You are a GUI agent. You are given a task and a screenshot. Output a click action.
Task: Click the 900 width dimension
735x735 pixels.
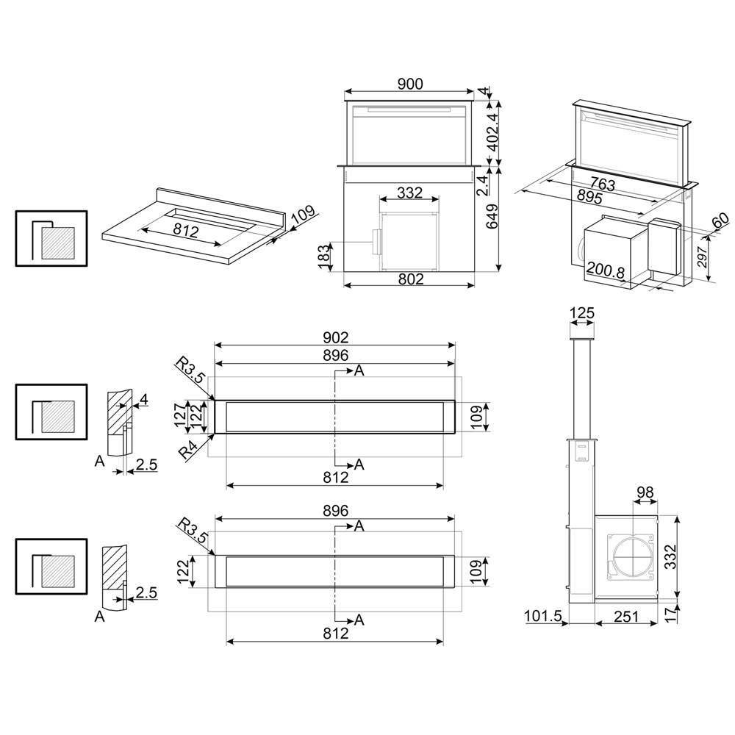tap(409, 84)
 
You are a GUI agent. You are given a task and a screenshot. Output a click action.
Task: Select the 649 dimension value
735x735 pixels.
tap(492, 216)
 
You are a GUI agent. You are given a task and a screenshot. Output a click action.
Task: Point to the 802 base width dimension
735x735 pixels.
tap(411, 279)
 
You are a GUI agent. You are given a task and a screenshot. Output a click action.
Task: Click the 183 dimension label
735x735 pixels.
tap(324, 257)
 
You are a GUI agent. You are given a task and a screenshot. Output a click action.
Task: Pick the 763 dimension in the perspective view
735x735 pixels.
tap(603, 184)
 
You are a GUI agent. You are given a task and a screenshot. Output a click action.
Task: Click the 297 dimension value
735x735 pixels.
tap(702, 256)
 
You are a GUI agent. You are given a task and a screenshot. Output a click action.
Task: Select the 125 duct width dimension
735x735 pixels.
tap(581, 313)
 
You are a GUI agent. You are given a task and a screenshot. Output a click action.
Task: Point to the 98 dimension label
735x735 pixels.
tap(645, 492)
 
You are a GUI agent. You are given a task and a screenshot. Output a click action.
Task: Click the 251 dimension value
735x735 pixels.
tap(626, 617)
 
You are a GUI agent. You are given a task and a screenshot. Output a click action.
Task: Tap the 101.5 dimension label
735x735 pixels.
tap(543, 616)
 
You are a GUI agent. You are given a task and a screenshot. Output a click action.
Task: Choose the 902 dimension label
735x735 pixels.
tap(336, 337)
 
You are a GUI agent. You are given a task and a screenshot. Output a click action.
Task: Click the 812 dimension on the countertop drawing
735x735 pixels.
tap(186, 231)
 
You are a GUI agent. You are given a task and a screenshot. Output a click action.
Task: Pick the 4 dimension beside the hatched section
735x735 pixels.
tap(144, 399)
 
